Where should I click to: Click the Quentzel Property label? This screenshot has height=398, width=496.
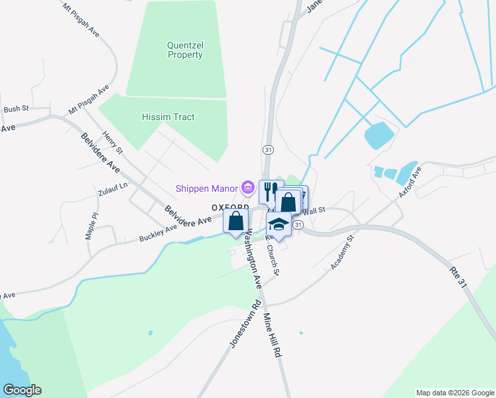184,50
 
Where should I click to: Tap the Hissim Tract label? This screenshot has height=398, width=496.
168,117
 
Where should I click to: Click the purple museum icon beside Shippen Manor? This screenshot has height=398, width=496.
249,188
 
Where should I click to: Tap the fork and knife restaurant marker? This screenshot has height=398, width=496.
270,192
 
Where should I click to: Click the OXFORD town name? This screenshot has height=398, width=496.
229,207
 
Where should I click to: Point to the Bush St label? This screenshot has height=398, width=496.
17,109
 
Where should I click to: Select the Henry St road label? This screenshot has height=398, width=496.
109,143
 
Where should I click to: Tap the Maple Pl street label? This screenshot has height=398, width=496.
91,226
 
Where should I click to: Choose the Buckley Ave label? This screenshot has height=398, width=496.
158,233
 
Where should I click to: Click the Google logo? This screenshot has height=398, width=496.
22,390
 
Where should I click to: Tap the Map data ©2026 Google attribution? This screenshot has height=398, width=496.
454,393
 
